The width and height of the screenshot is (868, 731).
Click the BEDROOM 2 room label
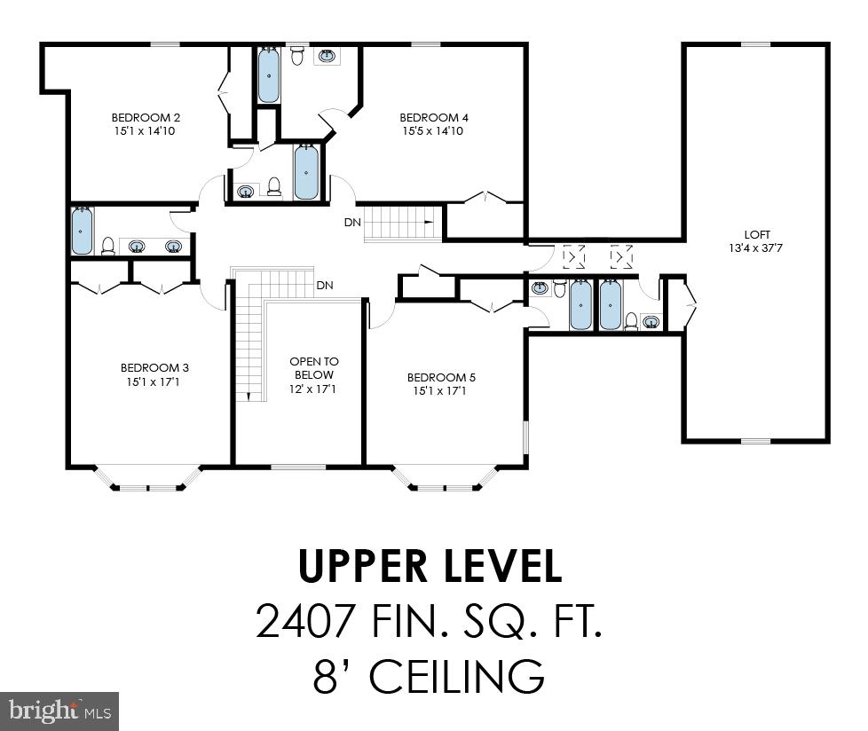(146, 117)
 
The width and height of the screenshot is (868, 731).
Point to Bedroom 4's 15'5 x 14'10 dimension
(433, 131)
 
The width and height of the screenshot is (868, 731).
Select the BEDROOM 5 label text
(441, 376)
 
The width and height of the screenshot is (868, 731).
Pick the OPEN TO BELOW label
(314, 368)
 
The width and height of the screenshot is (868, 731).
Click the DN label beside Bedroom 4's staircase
(352, 222)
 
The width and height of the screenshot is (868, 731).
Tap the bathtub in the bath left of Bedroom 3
(82, 230)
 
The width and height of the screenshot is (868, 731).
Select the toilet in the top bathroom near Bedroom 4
(298, 56)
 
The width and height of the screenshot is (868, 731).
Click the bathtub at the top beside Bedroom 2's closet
(269, 75)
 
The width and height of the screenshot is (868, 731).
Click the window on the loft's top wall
(755, 44)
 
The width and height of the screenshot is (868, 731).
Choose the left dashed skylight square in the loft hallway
(575, 257)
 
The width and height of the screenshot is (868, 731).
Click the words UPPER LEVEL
(430, 566)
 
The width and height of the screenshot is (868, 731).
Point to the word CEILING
(456, 676)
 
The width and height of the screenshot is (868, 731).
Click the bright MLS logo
(59, 711)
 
